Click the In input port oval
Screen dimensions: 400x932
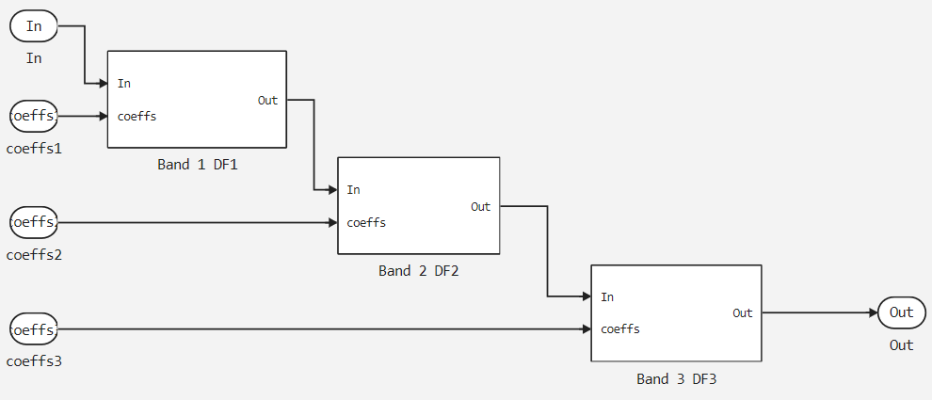(34, 26)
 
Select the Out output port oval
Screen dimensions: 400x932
(901, 312)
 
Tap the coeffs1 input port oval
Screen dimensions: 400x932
(34, 117)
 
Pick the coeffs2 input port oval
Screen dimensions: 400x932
(34, 223)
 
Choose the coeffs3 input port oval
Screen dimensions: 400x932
(34, 329)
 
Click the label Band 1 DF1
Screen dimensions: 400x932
(197, 164)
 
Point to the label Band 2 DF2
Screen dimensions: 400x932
(418, 271)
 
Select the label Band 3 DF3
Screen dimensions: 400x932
(676, 378)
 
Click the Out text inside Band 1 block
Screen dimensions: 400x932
(268, 100)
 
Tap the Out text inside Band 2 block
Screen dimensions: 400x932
(481, 207)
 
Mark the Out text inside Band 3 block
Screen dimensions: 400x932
(743, 312)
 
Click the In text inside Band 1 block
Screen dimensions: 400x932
(124, 84)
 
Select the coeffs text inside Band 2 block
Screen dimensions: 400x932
(366, 223)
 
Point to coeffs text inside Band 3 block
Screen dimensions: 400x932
(620, 329)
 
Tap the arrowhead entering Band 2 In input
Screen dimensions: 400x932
(331, 190)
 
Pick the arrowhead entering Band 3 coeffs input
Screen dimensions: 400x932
(585, 329)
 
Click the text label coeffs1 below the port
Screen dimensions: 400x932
(34, 148)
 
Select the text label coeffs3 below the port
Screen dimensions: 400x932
(34, 360)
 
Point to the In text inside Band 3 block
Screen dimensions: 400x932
(607, 297)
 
